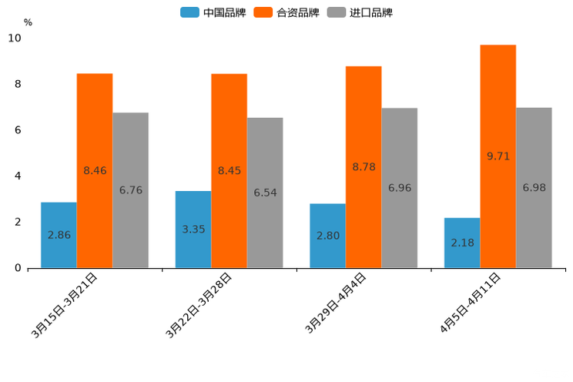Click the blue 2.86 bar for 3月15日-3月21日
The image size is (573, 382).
59,235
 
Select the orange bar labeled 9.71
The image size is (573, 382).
498,156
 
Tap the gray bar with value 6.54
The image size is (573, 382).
265,193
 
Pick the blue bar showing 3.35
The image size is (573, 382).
193,230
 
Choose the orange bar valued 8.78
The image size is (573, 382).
364,167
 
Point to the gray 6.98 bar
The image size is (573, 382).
534,187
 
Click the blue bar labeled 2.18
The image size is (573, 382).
462,243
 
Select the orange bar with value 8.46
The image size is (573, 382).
95,170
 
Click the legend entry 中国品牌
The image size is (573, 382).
213,12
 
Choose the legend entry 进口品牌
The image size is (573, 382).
360,12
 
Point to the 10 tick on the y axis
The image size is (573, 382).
15,38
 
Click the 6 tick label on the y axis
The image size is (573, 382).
18,130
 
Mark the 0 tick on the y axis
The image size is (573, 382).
18,268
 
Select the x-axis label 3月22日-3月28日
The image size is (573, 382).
199,305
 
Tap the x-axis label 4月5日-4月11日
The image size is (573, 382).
471,303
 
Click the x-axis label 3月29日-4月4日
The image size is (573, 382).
336,303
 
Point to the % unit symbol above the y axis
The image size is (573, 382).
28,22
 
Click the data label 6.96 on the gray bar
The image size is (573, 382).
400,188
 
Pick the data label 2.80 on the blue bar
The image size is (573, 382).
328,236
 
